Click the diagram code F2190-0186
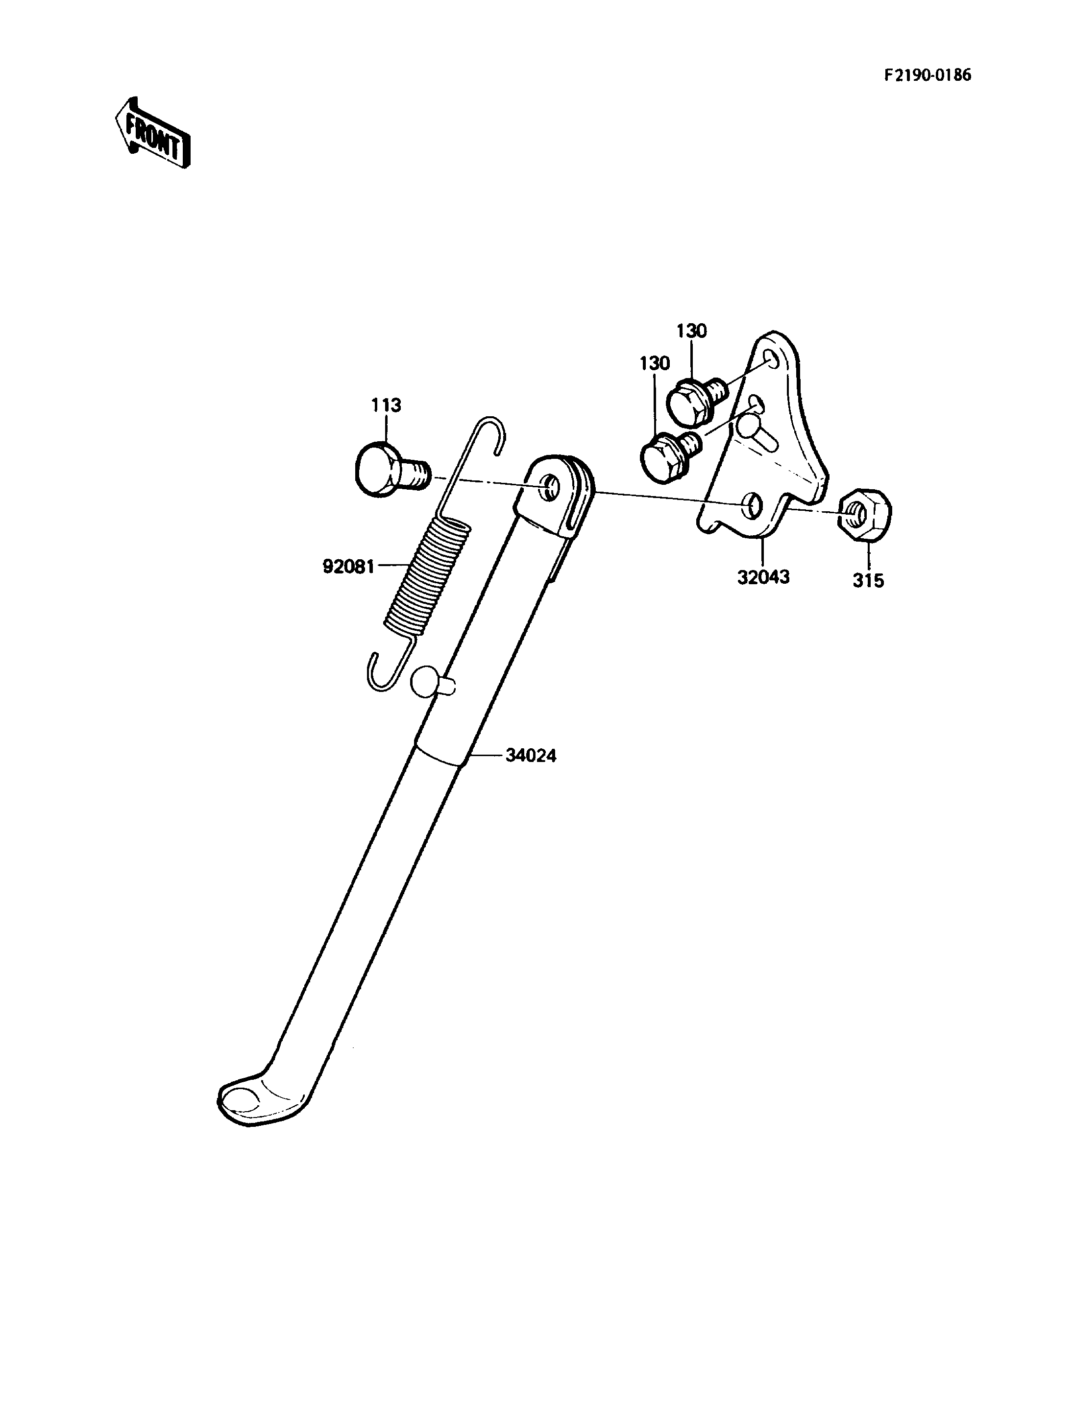tap(928, 75)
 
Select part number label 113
tap(386, 405)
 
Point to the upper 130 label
tap(692, 331)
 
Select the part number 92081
tap(348, 566)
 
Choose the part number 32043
tap(763, 577)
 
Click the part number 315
tap(868, 580)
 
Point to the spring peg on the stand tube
tap(431, 682)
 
